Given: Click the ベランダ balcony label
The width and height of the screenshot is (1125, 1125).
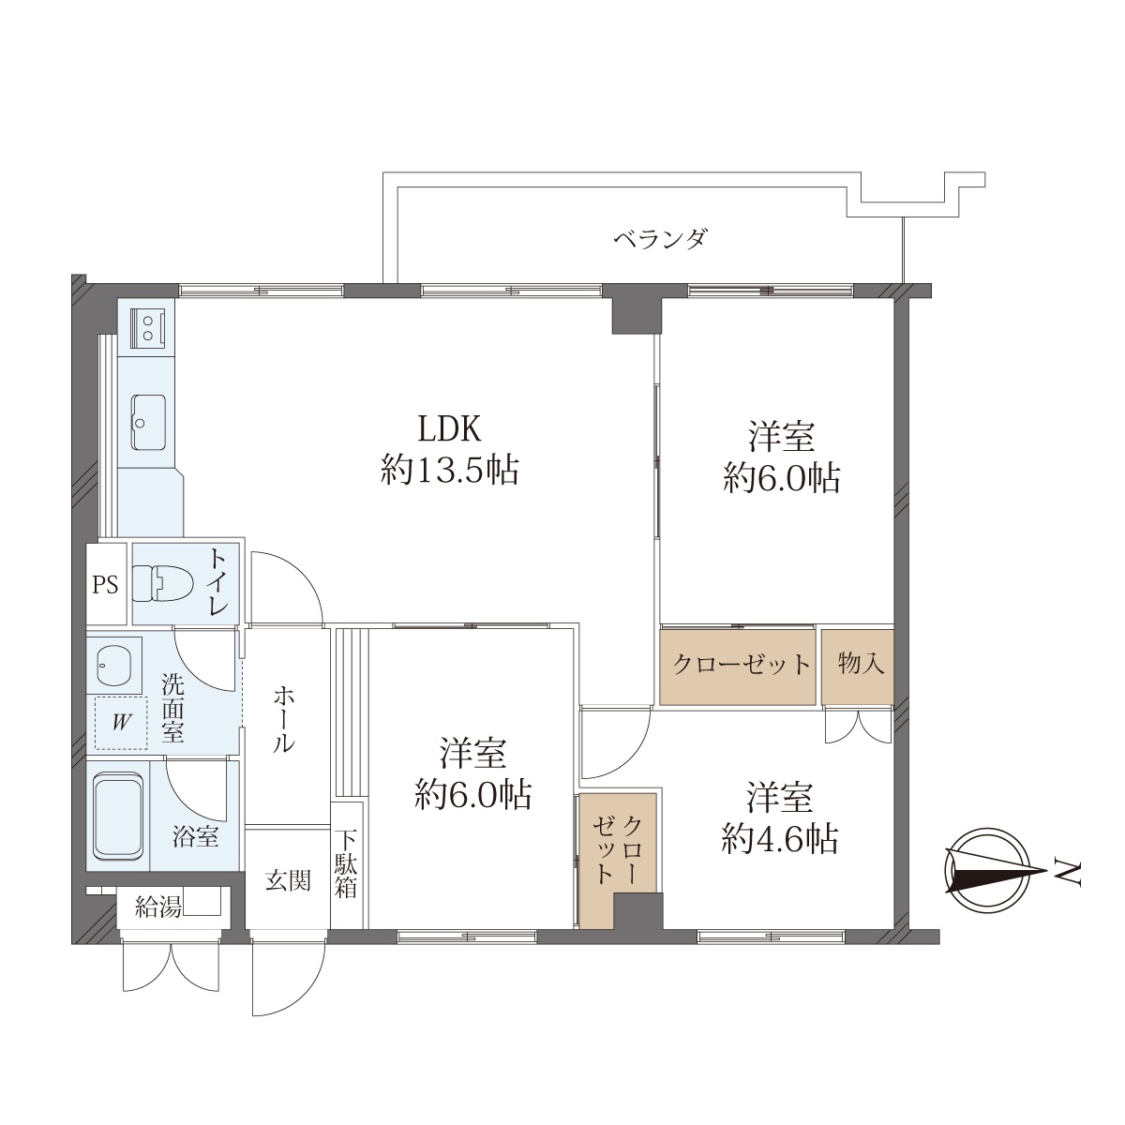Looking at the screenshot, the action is click(661, 239).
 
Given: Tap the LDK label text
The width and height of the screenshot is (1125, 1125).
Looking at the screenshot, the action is click(450, 428).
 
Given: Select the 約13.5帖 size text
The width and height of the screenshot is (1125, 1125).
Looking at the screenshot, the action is click(450, 471).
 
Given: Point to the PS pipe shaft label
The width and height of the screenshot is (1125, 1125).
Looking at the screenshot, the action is click(106, 584).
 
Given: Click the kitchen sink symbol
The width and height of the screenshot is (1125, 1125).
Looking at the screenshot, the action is click(149, 422).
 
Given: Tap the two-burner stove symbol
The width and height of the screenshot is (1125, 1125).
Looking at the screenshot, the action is click(148, 327).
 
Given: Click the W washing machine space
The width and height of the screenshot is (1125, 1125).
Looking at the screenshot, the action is click(121, 723).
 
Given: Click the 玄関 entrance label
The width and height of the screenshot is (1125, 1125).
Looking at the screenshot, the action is click(288, 881).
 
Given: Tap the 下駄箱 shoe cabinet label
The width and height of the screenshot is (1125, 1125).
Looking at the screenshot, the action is click(346, 864).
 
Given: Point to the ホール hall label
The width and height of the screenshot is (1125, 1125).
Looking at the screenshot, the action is click(284, 719).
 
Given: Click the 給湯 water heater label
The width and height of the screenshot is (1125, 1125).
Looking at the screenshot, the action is click(157, 907).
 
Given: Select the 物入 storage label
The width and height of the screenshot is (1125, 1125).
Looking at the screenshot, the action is click(861, 664).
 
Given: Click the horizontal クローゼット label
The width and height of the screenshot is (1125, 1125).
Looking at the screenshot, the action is click(742, 665).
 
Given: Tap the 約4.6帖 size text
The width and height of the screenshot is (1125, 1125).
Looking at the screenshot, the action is click(779, 839).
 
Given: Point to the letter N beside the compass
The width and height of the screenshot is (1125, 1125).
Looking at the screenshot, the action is click(1069, 874).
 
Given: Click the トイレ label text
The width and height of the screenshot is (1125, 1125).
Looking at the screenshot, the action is click(217, 582).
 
